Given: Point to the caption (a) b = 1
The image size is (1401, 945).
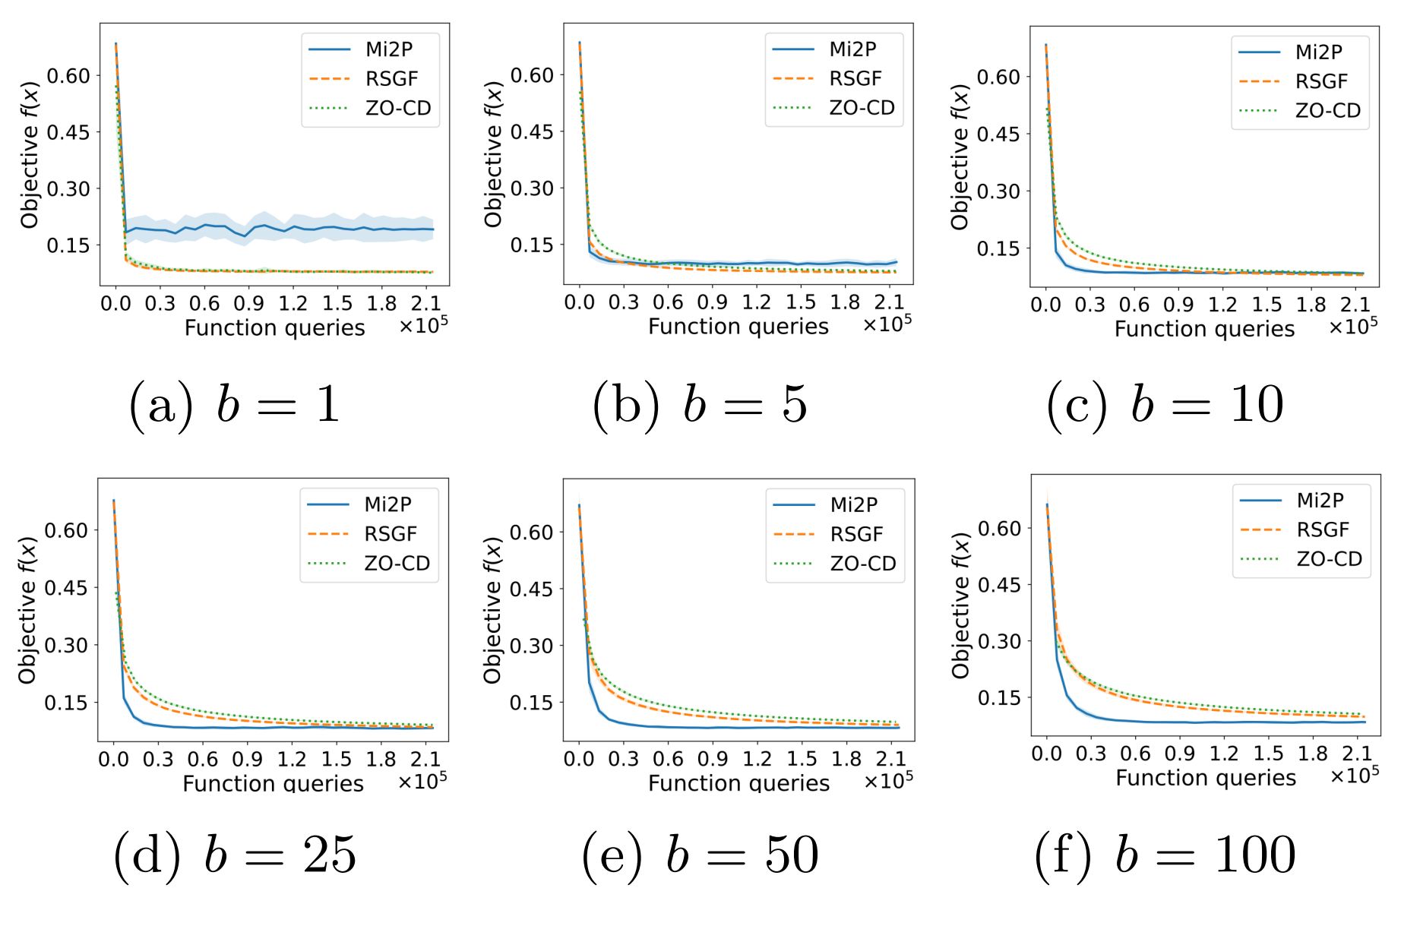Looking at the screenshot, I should pos(235,403).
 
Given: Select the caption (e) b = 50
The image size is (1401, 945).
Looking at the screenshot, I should pos(700,855).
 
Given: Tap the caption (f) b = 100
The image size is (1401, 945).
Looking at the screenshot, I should pos(1165,855).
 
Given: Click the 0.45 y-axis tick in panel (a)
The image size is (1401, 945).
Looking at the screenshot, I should pos(68,132).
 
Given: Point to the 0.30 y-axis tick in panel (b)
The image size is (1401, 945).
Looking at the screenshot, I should pos(532,188).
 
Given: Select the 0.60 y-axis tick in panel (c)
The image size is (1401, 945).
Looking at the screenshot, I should pos(998,77).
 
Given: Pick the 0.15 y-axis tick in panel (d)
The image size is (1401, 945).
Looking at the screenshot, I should pos(66,703).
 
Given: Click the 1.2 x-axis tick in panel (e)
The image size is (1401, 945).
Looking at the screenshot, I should pos(757,759).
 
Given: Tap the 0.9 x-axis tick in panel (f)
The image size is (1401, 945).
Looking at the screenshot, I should pos(1179,754).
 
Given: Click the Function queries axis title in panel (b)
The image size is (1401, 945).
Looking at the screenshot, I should pos(738,327).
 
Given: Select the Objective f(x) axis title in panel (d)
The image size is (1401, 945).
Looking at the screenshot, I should pos(28,610).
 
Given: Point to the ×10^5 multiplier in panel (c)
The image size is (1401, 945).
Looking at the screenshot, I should pos(1353,327).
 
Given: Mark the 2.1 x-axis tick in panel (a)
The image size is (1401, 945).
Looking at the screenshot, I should pos(425,304).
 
